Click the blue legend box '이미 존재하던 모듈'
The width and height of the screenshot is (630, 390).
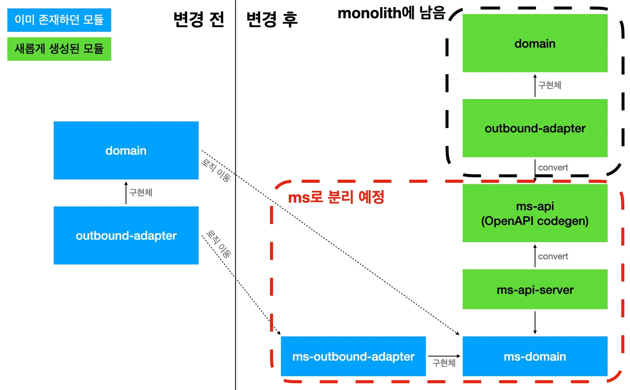tap(59, 20)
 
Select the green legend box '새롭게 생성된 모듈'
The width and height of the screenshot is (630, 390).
tap(59, 49)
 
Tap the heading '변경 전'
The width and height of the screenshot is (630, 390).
tap(199, 19)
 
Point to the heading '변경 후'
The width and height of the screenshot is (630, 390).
tap(272, 19)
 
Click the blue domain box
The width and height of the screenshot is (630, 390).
tap(126, 151)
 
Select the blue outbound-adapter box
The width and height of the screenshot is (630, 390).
tap(126, 236)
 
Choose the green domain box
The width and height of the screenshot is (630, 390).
tap(535, 43)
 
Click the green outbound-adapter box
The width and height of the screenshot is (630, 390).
tap(535, 128)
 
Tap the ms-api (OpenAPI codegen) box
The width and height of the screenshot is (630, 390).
tap(535, 213)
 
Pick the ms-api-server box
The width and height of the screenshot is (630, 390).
tap(535, 289)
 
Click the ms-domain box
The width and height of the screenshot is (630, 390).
tap(535, 356)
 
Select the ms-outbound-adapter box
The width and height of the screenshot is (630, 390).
tap(353, 356)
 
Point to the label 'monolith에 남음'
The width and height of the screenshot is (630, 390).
tap(391, 13)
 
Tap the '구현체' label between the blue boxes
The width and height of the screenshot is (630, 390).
tap(141, 193)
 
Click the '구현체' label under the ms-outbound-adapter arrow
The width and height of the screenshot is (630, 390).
tap(444, 363)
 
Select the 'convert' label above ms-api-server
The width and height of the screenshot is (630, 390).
tap(553, 257)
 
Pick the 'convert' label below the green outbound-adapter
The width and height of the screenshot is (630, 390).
tap(553, 168)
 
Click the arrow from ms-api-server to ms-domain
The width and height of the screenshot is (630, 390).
tap(535, 322)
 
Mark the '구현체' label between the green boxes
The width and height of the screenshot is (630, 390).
tap(550, 85)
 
